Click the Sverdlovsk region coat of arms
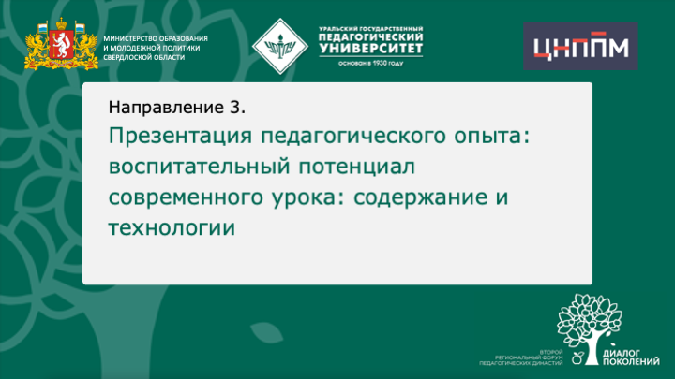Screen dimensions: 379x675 (x=61, y=44)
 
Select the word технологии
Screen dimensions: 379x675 (x=170, y=229)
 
